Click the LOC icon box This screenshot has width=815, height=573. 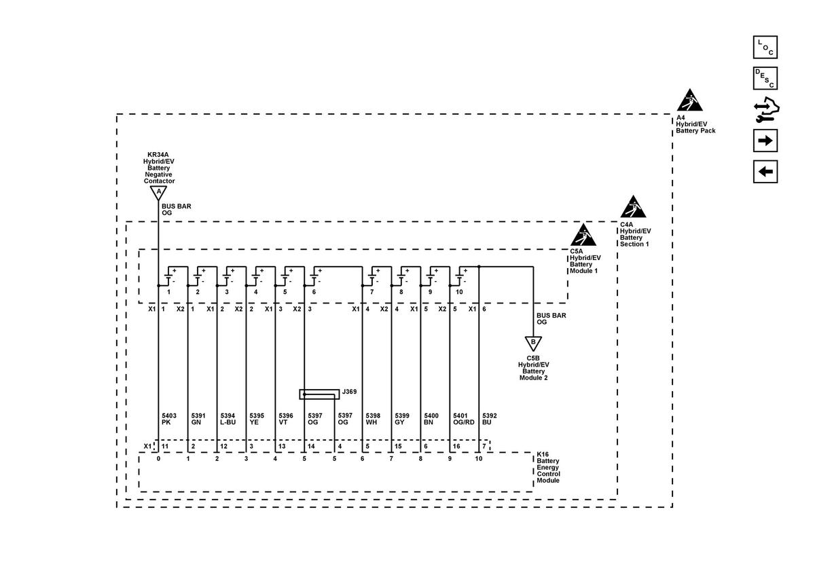pos(765,48)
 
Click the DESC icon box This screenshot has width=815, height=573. pos(765,78)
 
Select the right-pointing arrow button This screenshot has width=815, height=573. pos(765,141)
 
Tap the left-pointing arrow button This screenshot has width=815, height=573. pos(765,172)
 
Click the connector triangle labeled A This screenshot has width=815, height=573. pos(158,192)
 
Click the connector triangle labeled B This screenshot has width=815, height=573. pos(533,343)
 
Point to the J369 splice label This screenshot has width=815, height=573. pos(349,392)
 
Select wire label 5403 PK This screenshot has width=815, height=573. pos(169,419)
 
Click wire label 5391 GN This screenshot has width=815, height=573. pos(198,419)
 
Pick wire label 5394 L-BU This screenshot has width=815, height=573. pos(228,419)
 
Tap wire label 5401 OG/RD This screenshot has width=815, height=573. pos(463,419)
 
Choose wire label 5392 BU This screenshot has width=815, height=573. pos(490,419)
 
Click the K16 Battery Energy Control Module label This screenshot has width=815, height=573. pos(548,467)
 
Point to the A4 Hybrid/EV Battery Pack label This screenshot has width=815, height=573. pos(695,124)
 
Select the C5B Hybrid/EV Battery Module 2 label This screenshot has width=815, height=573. pos(533,368)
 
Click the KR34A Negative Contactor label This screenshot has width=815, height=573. pos(159,168)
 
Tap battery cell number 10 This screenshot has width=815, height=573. pos(459,292)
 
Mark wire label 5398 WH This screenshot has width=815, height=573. pos(373,419)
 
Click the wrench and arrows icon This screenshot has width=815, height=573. pos(766,109)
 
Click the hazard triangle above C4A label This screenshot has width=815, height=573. pos(633,206)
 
